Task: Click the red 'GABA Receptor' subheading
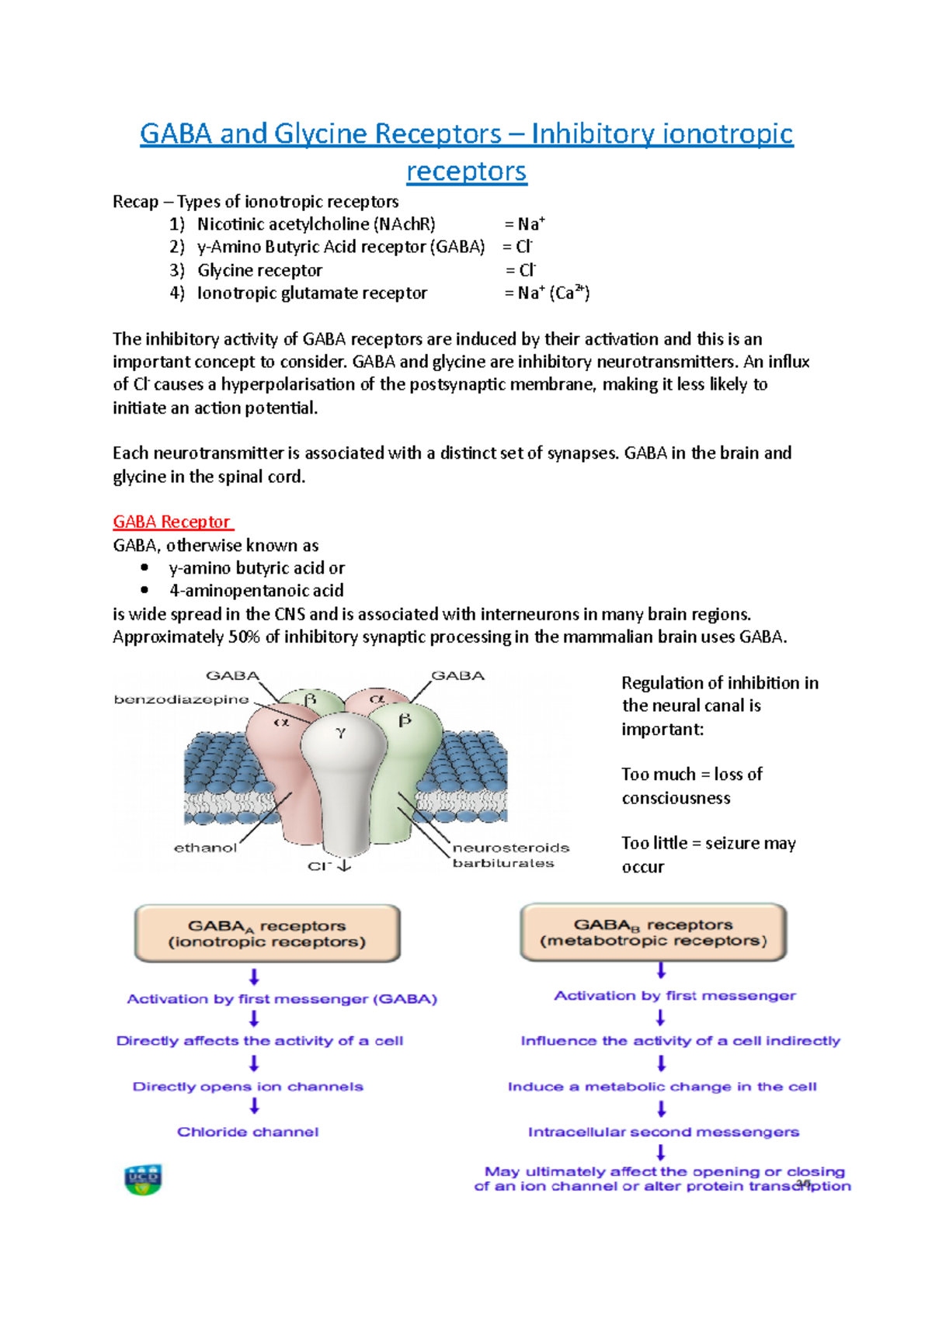[172, 522]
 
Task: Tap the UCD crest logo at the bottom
[143, 1179]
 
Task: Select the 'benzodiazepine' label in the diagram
[181, 699]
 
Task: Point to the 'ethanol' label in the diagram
[205, 848]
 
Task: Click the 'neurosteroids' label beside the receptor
[510, 848]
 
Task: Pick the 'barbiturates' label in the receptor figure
[503, 863]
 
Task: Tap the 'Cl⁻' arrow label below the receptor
[329, 865]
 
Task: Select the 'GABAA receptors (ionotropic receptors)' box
[267, 933]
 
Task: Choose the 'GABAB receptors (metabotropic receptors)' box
[653, 932]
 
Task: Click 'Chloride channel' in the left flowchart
[248, 1132]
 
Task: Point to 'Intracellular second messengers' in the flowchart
[663, 1132]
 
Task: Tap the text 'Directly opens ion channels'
[248, 1087]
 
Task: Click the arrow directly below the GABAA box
[254, 976]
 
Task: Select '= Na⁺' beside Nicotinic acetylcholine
[524, 224]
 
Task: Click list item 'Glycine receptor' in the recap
[259, 270]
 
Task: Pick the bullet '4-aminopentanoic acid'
[256, 591]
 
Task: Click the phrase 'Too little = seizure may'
[708, 843]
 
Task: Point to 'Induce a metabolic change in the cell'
[662, 1087]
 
